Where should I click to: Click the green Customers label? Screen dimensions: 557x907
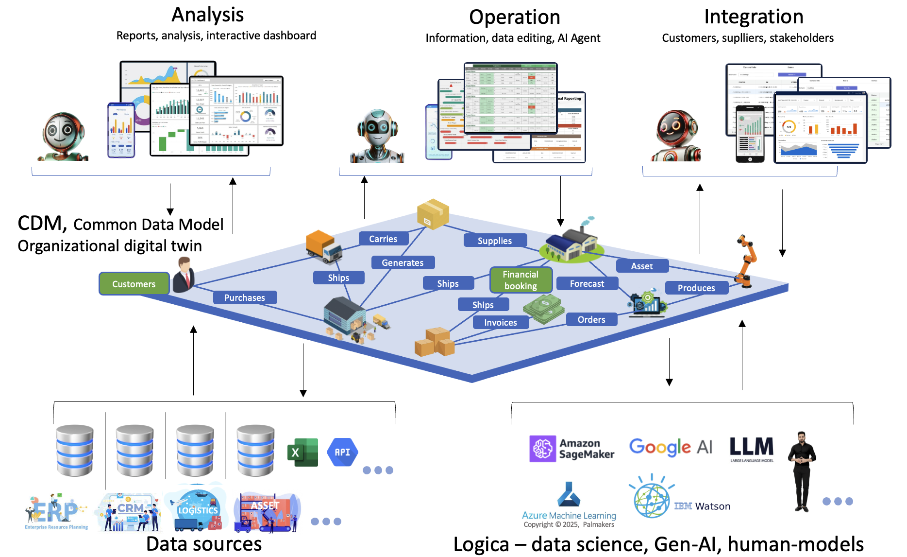coord(134,284)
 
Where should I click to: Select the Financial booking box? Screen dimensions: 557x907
coord(521,280)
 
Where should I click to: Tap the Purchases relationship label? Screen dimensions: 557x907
coord(245,297)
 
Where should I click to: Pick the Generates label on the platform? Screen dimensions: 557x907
coord(403,262)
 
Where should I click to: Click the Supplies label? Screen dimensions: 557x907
coord(495,241)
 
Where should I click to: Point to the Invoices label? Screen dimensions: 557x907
coord(500,322)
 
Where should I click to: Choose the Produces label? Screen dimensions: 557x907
coord(696,288)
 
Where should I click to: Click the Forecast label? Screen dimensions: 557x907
coord(587,283)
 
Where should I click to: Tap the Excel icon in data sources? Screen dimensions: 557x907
coord(302,452)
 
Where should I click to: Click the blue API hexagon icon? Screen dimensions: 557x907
coord(342,452)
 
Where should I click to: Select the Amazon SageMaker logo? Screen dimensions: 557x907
coord(571,449)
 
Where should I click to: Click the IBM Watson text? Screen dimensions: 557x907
coord(702,506)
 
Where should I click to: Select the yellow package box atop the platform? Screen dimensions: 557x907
coord(433,214)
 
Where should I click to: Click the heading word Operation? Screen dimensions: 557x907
coord(515,17)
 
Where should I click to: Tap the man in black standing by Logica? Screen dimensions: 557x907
coord(802,470)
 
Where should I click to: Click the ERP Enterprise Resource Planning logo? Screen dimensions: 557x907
coord(56,512)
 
